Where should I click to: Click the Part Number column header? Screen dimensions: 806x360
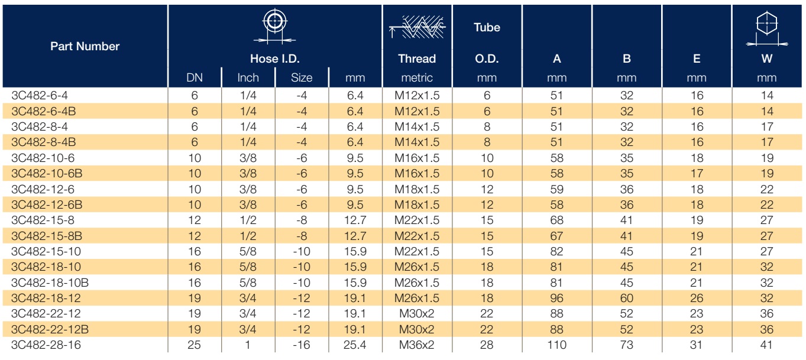coord(85,46)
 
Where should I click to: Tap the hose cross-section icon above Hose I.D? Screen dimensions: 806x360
coord(274,26)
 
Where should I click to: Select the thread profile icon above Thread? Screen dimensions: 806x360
coord(417,27)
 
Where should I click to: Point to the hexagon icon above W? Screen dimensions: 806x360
coord(767,28)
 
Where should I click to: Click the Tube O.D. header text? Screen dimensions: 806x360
coord(487,43)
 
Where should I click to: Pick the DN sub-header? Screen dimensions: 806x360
coord(195,77)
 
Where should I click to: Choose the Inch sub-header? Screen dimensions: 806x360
coord(248,77)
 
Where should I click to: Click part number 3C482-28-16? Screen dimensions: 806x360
coord(46,345)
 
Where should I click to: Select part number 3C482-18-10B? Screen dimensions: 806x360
coord(50,283)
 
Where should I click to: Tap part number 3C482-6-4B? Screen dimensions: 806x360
coord(44,111)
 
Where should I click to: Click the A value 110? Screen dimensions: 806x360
coord(556,345)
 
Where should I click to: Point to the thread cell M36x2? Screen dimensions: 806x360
coord(417,345)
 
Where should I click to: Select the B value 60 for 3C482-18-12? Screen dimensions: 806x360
coord(626,298)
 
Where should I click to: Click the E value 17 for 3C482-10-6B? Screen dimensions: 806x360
coord(697,173)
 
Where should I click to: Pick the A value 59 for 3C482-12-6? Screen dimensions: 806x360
coord(556,189)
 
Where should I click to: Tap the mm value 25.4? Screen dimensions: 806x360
coord(355,345)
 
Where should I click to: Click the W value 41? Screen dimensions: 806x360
coord(766,345)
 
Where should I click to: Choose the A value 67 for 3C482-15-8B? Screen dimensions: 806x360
coord(556,236)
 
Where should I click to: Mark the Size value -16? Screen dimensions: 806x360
coord(302,345)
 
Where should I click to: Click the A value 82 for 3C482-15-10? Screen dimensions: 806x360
coord(556,251)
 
